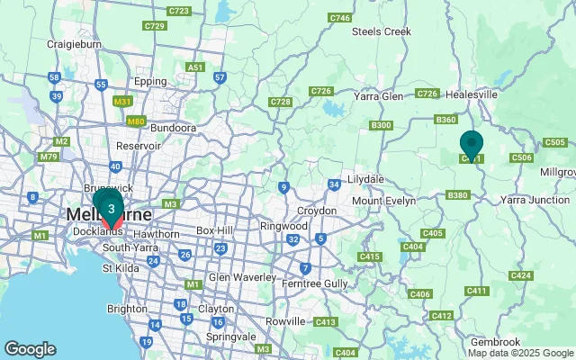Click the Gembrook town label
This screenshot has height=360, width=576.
pyautogui.click(x=496, y=342)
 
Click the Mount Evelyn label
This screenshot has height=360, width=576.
pyautogui.click(x=383, y=201)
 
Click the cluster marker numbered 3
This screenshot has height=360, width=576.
pyautogui.click(x=111, y=210)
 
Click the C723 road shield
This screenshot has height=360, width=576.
pyautogui.click(x=178, y=11)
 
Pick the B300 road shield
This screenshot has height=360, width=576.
pyautogui.click(x=381, y=125)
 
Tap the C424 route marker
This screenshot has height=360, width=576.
pyautogui.click(x=520, y=274)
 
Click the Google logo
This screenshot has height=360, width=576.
pyautogui.click(x=30, y=349)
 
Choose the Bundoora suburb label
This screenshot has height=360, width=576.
pyautogui.click(x=173, y=128)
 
